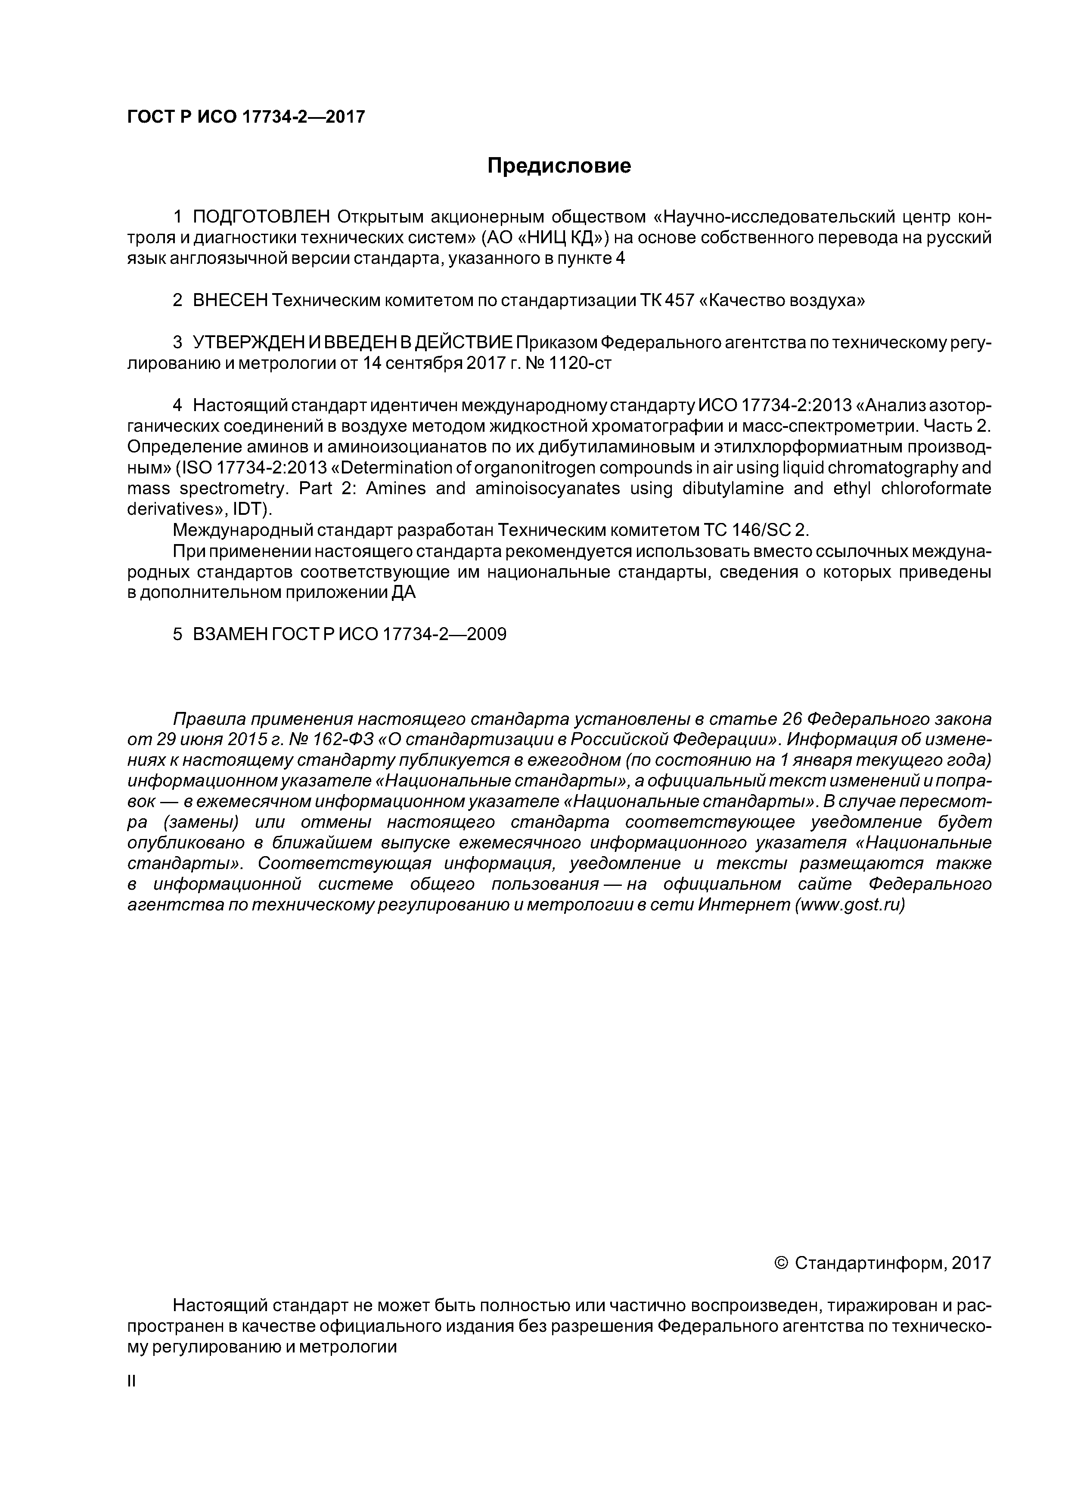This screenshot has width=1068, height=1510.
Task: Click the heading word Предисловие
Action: click(559, 166)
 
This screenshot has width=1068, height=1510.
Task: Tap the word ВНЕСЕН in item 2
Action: click(230, 300)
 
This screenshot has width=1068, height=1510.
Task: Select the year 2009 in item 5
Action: click(486, 634)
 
